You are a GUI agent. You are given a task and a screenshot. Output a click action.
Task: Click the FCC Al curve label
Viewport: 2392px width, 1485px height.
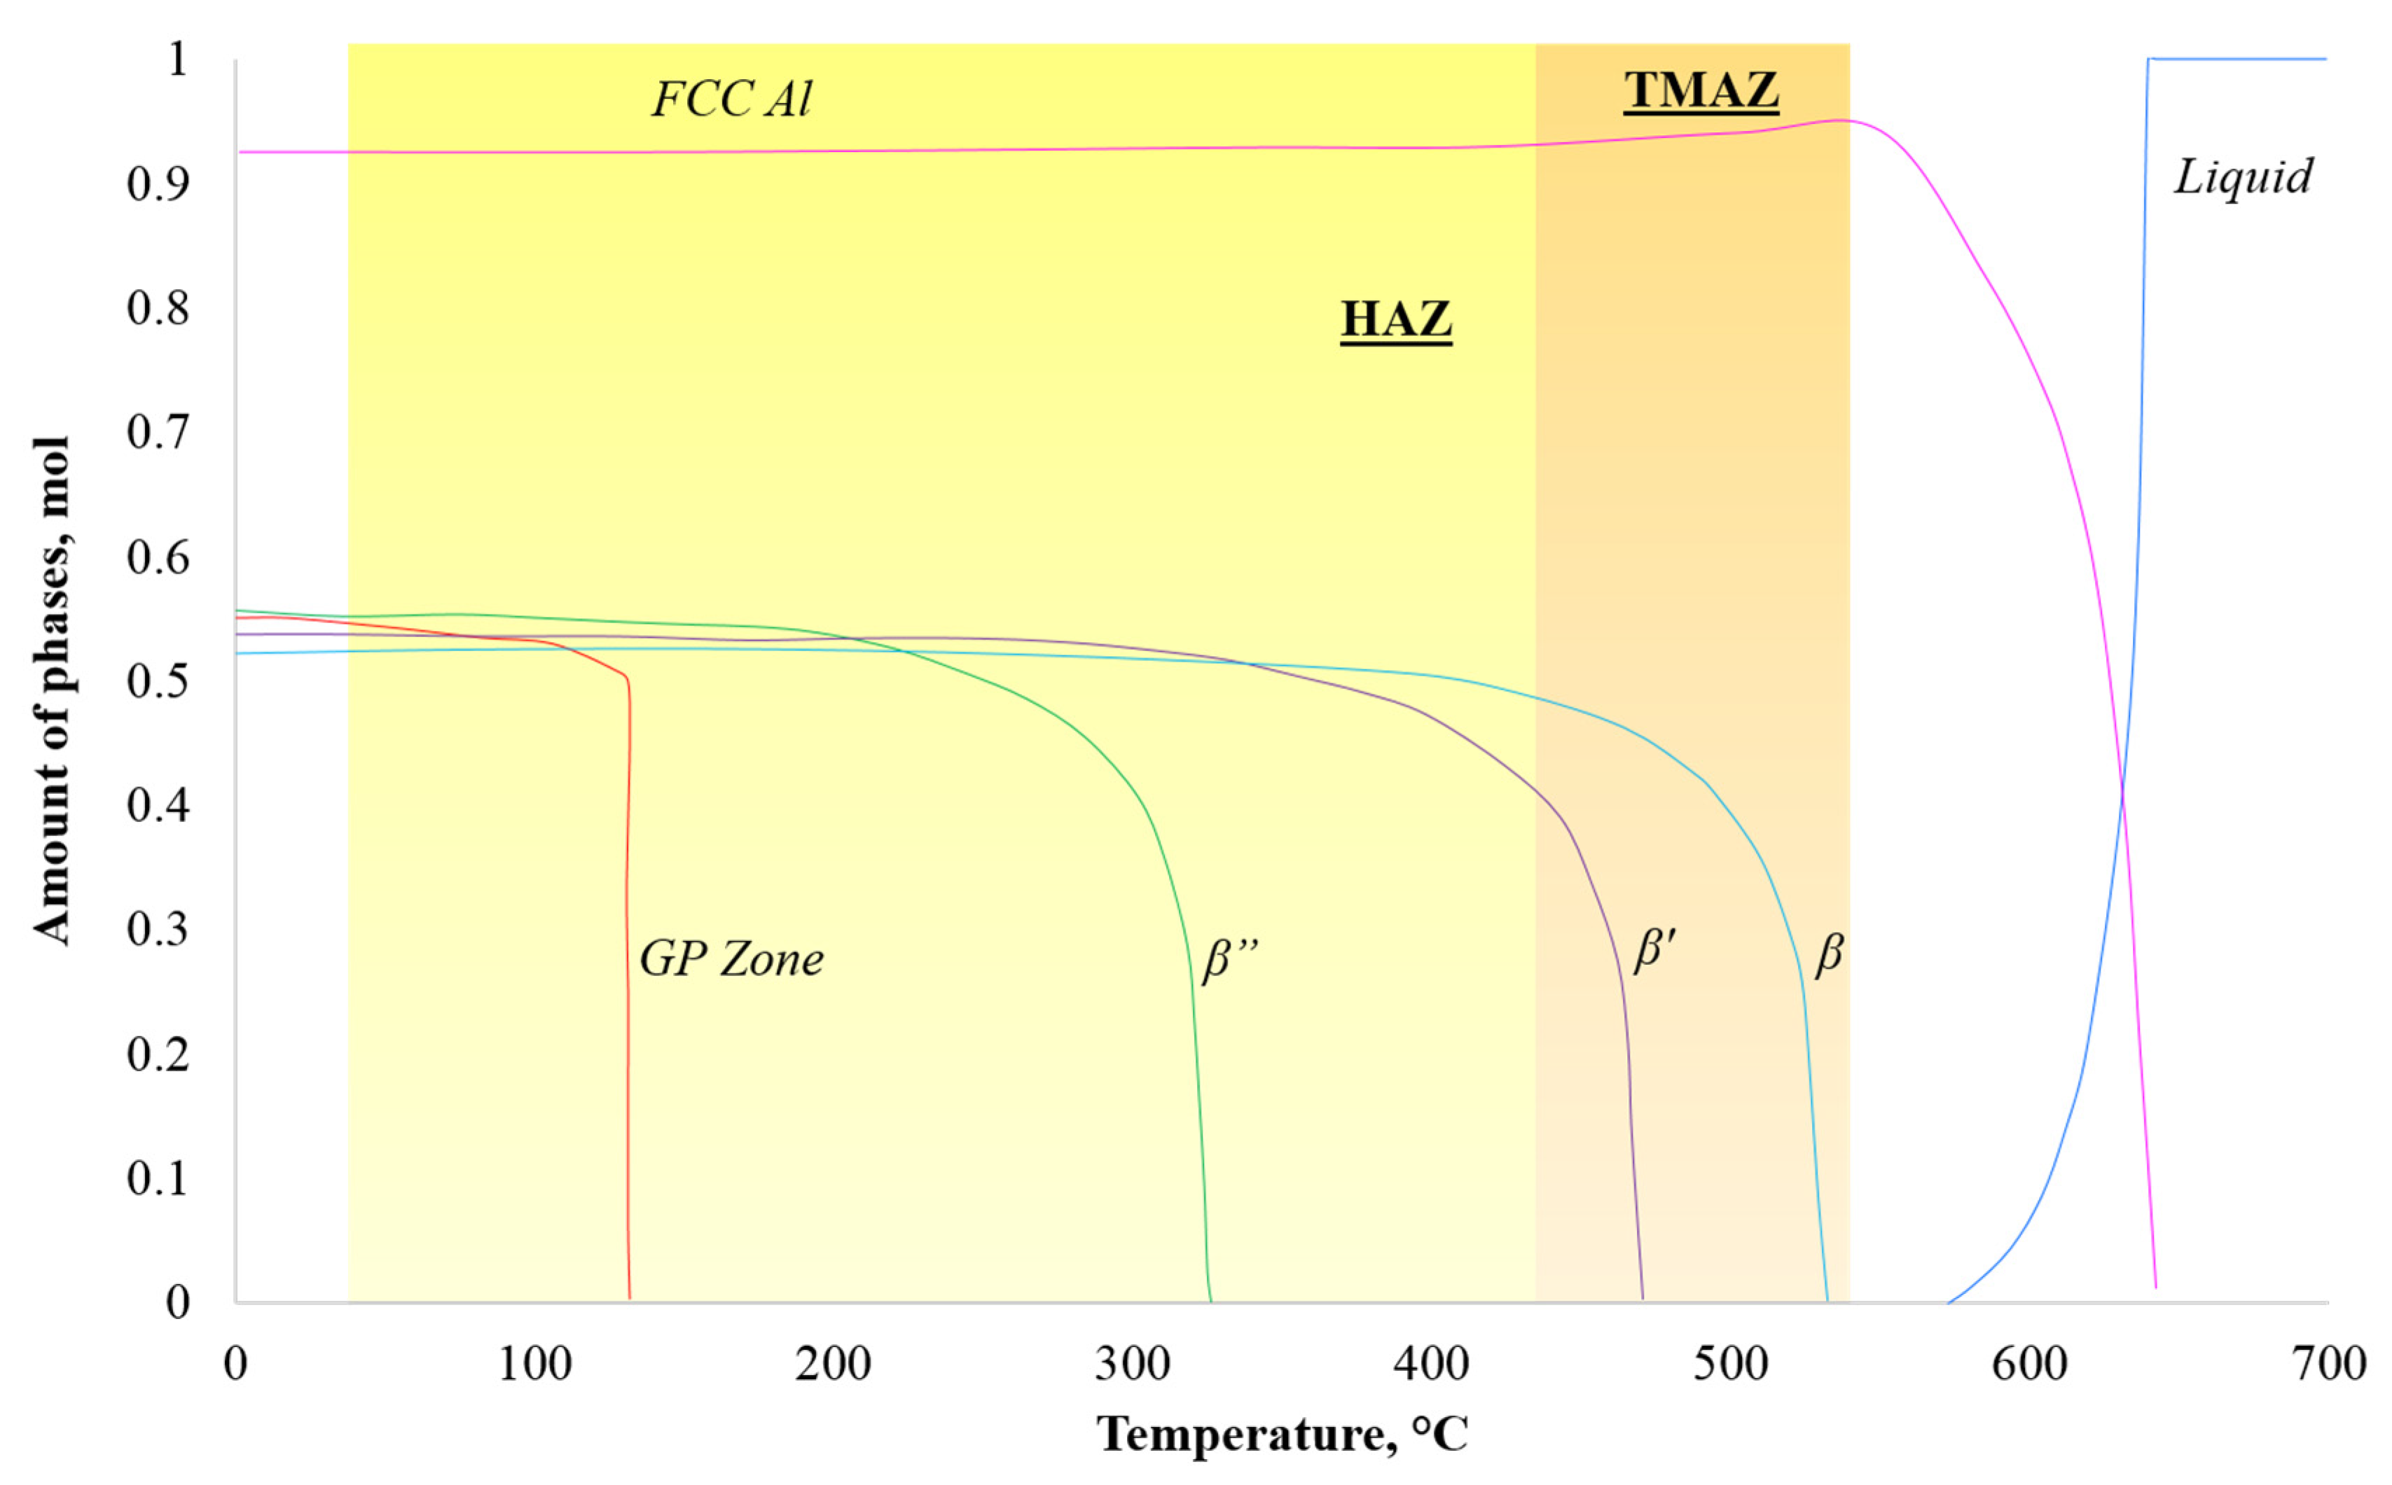[732, 99]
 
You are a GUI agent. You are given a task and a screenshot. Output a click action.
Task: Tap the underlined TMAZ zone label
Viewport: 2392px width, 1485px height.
[1701, 90]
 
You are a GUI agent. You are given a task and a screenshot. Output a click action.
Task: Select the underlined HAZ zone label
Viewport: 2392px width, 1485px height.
[1396, 319]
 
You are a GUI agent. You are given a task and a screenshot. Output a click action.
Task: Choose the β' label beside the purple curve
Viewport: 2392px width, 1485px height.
[1654, 951]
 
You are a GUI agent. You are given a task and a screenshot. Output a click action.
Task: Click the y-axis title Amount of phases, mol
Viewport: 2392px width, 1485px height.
[51, 690]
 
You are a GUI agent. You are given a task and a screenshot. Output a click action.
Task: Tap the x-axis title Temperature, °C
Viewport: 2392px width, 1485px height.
[1281, 1435]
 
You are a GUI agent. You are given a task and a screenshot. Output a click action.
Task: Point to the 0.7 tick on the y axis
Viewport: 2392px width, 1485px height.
[157, 432]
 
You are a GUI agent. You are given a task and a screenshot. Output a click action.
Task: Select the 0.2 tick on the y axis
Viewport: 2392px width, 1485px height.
[157, 1054]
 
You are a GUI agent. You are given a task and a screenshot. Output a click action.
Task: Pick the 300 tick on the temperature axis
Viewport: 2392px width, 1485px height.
[1132, 1364]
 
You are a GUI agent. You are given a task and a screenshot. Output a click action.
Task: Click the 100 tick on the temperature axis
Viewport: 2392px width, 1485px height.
[534, 1364]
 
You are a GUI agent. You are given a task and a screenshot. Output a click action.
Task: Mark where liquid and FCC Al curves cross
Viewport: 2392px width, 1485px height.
[2122, 786]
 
